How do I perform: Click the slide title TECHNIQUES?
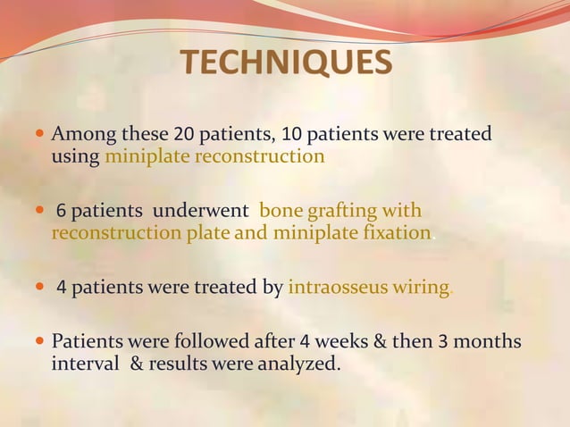click(x=285, y=63)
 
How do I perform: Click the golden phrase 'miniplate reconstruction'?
click(x=214, y=157)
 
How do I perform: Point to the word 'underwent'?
click(x=202, y=213)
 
